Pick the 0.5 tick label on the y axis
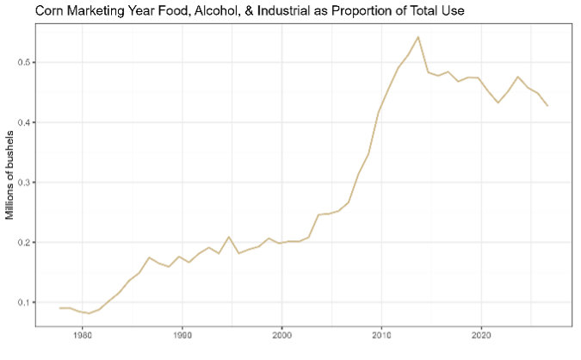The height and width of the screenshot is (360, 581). coord(24,63)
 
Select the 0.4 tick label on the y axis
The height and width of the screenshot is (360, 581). coord(24,122)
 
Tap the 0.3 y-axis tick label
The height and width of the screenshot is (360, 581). coord(24,183)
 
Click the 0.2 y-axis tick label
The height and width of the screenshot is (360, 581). coord(24,242)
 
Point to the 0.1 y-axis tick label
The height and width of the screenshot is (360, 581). coord(24,302)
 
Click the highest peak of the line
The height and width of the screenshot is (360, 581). coord(418,37)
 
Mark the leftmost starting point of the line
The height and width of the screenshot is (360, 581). coord(59,307)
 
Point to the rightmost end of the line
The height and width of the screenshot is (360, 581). coord(547,106)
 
